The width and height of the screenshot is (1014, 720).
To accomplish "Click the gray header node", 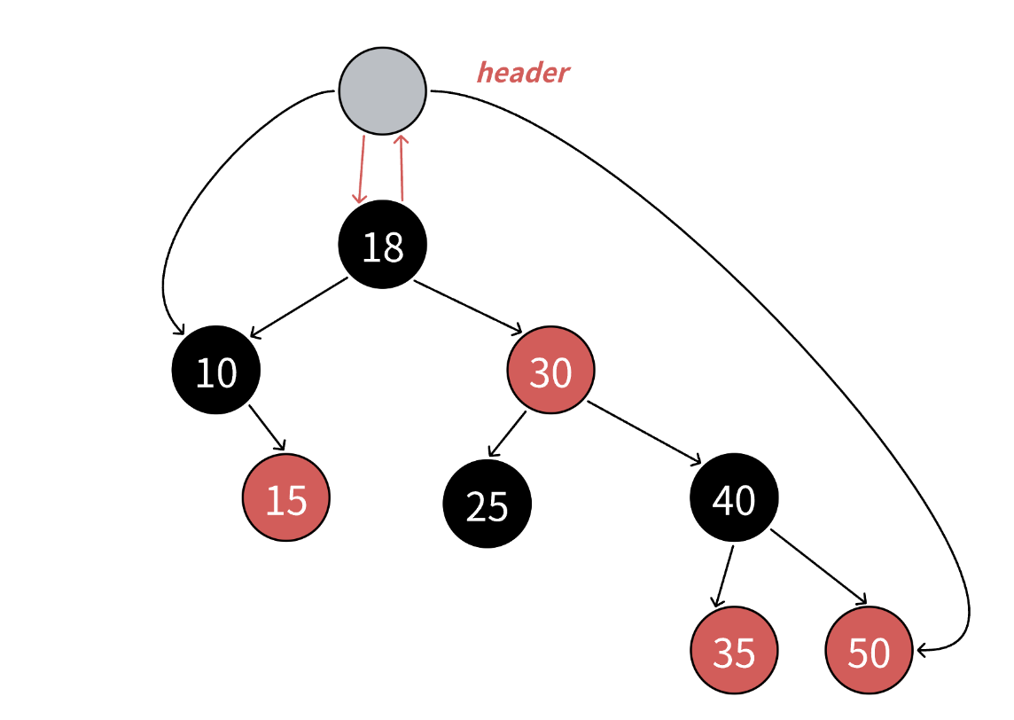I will tap(383, 90).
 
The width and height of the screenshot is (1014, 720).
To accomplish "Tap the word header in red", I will tap(523, 73).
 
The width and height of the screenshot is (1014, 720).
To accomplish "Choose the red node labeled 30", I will tap(550, 371).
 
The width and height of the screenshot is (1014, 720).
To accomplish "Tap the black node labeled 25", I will tap(487, 504).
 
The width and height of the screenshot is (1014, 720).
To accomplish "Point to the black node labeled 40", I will tap(734, 498).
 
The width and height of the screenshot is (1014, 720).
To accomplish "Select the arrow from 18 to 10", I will tap(299, 308).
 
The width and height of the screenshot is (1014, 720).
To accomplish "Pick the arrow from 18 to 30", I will tap(468, 306).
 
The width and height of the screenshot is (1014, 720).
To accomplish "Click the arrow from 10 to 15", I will tap(267, 427).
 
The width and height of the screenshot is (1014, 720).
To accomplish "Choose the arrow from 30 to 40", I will tap(643, 433).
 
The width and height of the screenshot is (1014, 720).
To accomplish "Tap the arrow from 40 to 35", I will tap(724, 576).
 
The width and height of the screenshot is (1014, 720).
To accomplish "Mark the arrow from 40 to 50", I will tap(817, 567).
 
